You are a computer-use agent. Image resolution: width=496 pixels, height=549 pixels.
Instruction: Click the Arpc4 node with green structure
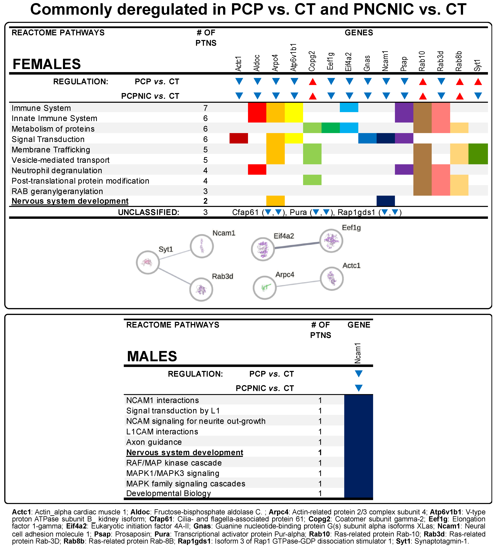(x=265, y=288)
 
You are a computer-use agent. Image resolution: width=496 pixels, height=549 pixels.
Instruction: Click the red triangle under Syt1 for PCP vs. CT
(x=478, y=82)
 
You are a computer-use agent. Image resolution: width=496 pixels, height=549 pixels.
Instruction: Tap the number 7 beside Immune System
(x=206, y=108)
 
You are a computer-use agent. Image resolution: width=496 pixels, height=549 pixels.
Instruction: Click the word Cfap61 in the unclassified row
(x=245, y=212)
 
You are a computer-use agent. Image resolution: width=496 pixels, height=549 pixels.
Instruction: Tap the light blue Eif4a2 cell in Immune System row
(x=349, y=107)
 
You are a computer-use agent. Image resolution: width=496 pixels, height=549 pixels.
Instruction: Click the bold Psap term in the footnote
(x=102, y=534)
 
